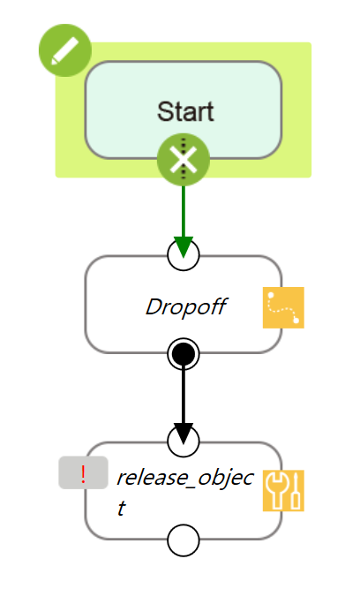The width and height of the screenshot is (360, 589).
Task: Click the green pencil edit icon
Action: pyautogui.click(x=65, y=50)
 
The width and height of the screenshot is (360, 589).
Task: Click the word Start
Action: pyautogui.click(x=185, y=111)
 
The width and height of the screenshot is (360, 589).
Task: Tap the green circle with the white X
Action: pyautogui.click(x=184, y=160)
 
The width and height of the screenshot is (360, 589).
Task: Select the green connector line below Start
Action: pyautogui.click(x=184, y=212)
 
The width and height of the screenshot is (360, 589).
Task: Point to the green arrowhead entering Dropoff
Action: pyautogui.click(x=184, y=246)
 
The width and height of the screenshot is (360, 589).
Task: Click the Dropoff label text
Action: pyautogui.click(x=186, y=307)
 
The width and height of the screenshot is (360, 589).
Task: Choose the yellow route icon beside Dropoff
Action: pyautogui.click(x=283, y=307)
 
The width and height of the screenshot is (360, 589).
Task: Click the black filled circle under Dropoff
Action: pyautogui.click(x=184, y=354)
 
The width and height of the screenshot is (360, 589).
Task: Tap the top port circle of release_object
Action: pyautogui.click(x=184, y=441)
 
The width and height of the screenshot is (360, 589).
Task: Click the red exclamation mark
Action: pyautogui.click(x=83, y=474)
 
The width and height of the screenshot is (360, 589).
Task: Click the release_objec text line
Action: pyautogui.click(x=185, y=479)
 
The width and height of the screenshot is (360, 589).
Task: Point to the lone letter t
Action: pyautogui.click(x=121, y=509)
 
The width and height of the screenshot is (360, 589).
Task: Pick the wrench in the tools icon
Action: pyautogui.click(x=276, y=490)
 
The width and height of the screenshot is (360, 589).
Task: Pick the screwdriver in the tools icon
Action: pyautogui.click(x=296, y=490)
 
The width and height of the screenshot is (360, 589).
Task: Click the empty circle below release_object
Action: pyautogui.click(x=184, y=540)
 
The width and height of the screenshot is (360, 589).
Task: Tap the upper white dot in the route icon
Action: pyautogui.click(x=271, y=296)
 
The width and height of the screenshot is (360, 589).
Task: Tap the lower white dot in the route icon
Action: pyautogui.click(x=296, y=320)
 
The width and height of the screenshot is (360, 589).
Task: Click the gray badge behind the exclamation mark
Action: pyautogui.click(x=83, y=472)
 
